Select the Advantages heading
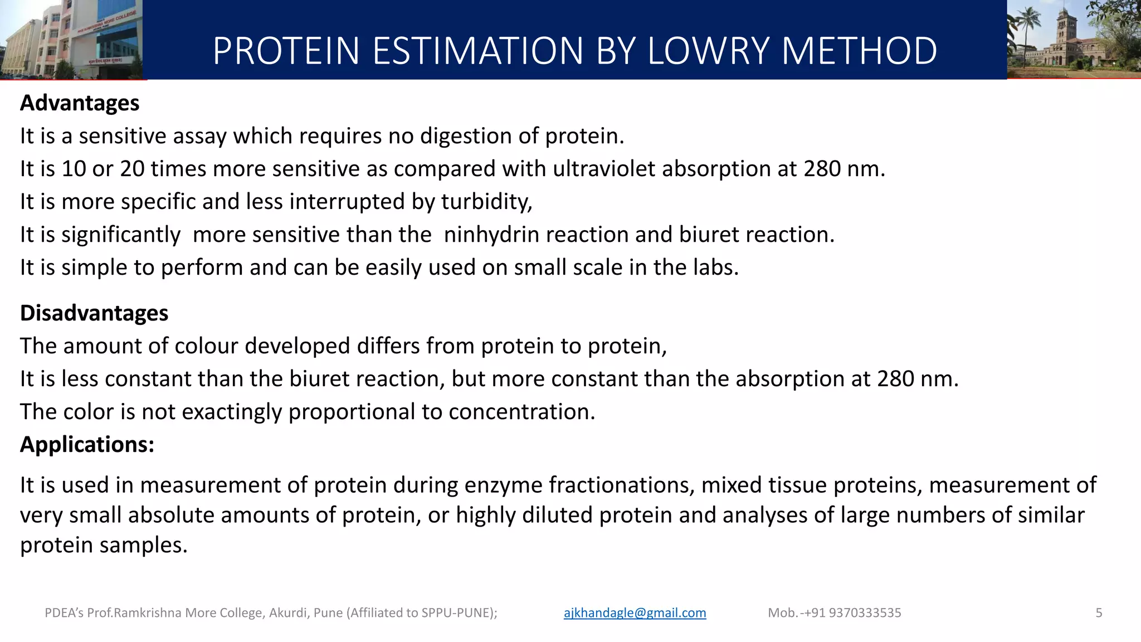(x=80, y=103)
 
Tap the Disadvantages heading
(x=94, y=313)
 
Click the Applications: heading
(x=87, y=445)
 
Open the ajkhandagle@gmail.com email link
(x=635, y=613)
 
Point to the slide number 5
(x=1099, y=613)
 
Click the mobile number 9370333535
(x=865, y=613)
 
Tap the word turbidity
(x=485, y=202)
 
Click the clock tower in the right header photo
(x=1062, y=28)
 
